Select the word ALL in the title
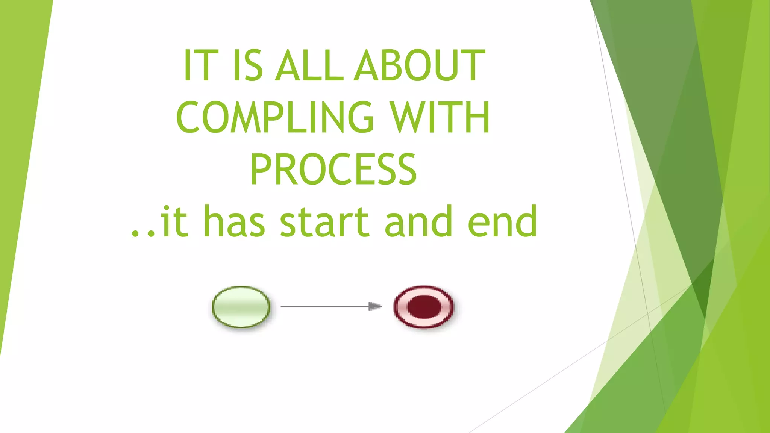tap(309, 66)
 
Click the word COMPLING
tap(275, 118)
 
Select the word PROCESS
tap(333, 170)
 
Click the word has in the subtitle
tap(234, 222)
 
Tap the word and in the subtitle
tap(418, 222)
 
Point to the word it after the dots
tap(174, 222)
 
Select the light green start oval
tap(241, 307)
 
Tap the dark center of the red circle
tap(424, 307)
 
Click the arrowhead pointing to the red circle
tap(375, 307)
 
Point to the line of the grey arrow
tap(323, 307)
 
